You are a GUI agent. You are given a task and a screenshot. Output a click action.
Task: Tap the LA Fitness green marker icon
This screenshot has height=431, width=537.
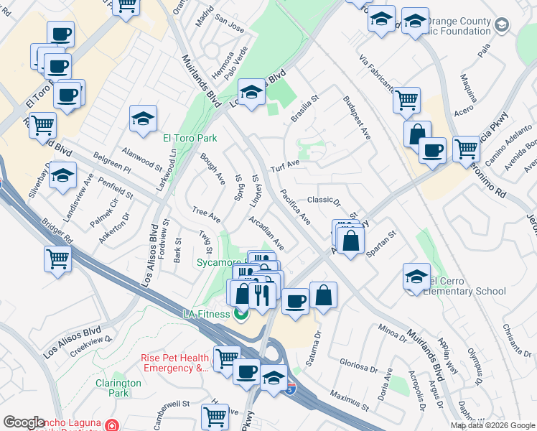[242, 314]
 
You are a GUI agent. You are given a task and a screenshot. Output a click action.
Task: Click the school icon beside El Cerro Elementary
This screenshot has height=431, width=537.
[417, 276]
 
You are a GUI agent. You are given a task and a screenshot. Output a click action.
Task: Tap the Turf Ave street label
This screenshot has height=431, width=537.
[284, 167]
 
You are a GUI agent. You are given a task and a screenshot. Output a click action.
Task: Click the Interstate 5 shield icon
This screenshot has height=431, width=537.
[290, 389]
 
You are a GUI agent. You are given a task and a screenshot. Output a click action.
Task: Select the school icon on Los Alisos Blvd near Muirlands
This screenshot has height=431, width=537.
[251, 92]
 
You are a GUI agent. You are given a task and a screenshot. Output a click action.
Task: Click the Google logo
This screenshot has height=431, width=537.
[24, 422]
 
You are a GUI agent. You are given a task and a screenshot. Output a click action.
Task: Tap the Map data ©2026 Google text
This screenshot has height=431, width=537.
[492, 425]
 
